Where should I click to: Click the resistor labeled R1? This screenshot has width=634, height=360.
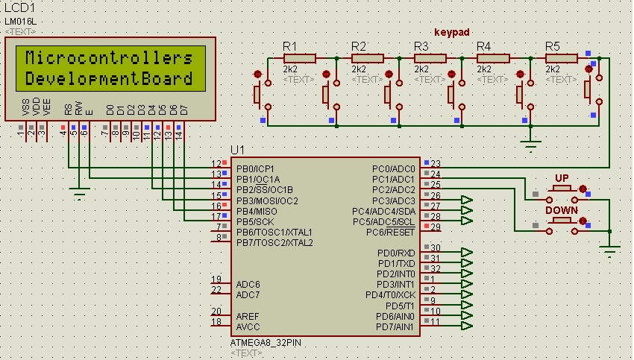pyautogui.click(x=300, y=58)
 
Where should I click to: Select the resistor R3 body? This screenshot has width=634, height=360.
pyautogui.click(x=430, y=58)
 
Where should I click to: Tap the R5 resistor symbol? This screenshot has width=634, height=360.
pyautogui.click(x=562, y=58)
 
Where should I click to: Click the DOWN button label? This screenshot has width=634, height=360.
pyautogui.click(x=561, y=211)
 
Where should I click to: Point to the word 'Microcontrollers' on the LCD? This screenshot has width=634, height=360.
pyautogui.click(x=109, y=58)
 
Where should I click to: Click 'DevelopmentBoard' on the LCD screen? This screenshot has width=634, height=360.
pyautogui.click(x=109, y=78)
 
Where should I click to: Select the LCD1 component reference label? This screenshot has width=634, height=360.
pyautogui.click(x=19, y=7)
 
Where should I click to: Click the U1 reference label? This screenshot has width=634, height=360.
pyautogui.click(x=237, y=150)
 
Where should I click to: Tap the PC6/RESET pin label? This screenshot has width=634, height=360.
pyautogui.click(x=390, y=233)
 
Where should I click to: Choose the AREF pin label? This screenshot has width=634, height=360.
pyautogui.click(x=248, y=316)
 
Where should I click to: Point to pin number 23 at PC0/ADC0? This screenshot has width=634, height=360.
pyautogui.click(x=436, y=164)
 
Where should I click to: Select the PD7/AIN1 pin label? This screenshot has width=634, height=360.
pyautogui.click(x=395, y=327)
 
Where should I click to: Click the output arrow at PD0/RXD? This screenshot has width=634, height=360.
pyautogui.click(x=467, y=253)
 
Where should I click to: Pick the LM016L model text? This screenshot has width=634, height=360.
pyautogui.click(x=20, y=21)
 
